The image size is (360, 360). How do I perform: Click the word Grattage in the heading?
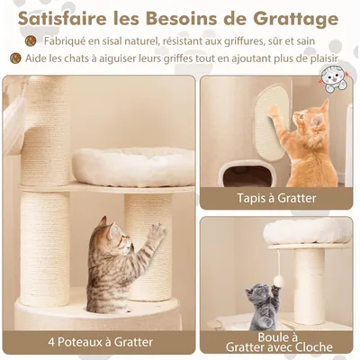(x=290, y=18)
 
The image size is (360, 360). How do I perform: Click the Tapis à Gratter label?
(x=275, y=198)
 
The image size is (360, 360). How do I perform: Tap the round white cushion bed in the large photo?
(x=132, y=166)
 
